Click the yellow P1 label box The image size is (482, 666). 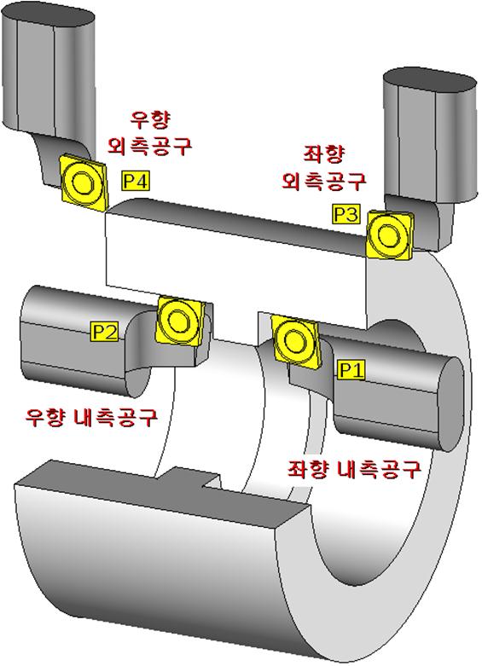pos(352,370)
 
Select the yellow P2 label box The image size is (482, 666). pos(105,332)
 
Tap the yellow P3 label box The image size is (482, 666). pos(346,215)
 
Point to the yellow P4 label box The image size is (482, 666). pos(136,182)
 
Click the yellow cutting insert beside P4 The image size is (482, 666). pos(83,183)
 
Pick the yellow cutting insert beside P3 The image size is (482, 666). pos(390,235)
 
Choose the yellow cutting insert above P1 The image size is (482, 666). pos(295,340)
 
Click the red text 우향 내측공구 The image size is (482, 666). pos(92,418)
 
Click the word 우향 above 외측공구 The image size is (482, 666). pos(150,120)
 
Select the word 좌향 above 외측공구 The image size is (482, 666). pos(323,154)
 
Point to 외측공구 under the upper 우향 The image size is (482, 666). pos(150,146)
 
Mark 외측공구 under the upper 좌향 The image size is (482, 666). pos(324,181)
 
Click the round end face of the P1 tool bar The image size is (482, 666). pos(451,403)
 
